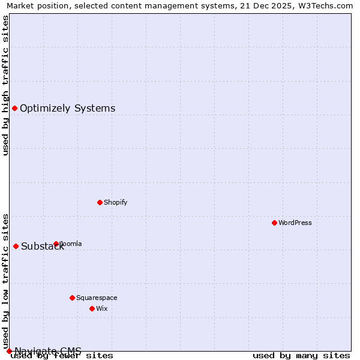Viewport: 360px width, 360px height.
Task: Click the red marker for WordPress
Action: coord(274,223)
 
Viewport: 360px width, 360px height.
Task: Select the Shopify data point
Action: coord(100,202)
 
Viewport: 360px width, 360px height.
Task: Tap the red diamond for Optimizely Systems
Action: coord(14,108)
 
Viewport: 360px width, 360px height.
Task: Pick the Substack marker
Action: coord(16,246)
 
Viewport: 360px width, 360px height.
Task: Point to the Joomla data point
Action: coord(56,244)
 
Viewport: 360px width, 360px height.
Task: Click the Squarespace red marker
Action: coord(72,298)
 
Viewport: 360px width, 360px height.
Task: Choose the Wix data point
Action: coord(92,308)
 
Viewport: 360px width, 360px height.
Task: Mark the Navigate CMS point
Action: coord(9,350)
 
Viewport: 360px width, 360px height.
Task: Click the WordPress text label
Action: coord(295,223)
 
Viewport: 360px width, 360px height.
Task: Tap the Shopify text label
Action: coord(116,202)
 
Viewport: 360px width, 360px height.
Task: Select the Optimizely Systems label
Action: coord(68,108)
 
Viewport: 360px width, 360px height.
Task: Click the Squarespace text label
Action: coord(97,298)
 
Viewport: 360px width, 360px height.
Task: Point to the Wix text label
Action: coord(102,308)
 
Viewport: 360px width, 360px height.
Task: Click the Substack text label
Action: coord(43,246)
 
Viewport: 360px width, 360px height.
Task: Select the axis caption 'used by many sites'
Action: coord(301,355)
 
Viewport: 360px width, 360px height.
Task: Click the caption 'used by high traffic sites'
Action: coord(5,85)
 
